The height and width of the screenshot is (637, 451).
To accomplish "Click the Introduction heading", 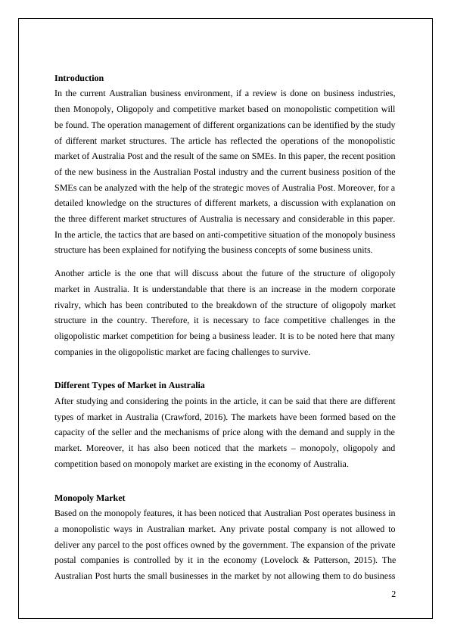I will [x=79, y=78].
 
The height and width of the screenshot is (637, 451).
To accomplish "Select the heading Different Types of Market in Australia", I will [x=129, y=385].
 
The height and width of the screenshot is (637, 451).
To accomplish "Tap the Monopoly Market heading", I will [x=89, y=498].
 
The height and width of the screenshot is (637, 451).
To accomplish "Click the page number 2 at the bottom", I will [x=393, y=594].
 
